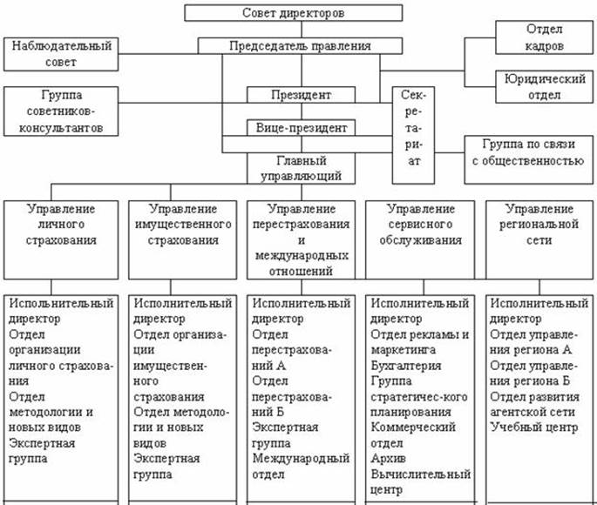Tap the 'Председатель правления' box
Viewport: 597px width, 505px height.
[300, 46]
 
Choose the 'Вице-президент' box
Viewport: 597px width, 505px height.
[301, 128]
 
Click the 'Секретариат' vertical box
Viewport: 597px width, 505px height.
[414, 133]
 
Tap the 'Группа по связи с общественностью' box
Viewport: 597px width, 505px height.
[526, 151]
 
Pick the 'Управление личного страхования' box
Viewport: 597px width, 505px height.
[60, 224]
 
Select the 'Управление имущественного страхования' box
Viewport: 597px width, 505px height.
[183, 224]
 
